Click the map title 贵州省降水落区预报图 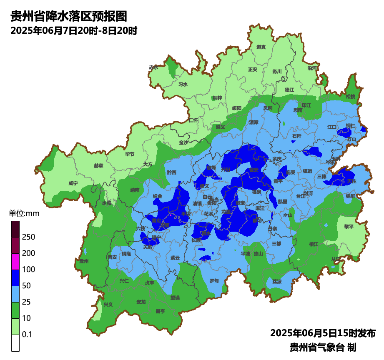[x=68, y=16]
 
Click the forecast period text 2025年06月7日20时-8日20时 [x=74, y=30]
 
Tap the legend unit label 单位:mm [x=24, y=214]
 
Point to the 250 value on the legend [x=28, y=237]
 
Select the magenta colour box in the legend [x=15, y=262]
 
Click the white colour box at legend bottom [x=15, y=343]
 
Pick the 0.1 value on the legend [x=27, y=335]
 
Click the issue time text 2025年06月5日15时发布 [x=323, y=333]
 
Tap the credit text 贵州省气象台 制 [x=323, y=347]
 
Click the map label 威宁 [x=73, y=183]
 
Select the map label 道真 [x=261, y=47]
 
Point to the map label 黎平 [x=349, y=226]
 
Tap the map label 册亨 [x=160, y=311]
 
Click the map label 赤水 [x=154, y=67]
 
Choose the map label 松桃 [x=351, y=96]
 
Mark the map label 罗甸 [x=214, y=281]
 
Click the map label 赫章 [x=98, y=165]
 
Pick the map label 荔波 [x=277, y=281]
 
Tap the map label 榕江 [x=314, y=244]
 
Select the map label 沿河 [x=312, y=68]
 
